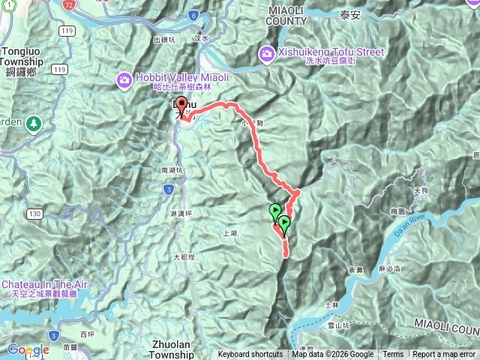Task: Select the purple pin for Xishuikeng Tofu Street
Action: (266, 53)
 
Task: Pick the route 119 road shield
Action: (68, 31)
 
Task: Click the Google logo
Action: (28, 349)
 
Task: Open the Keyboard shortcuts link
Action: (250, 355)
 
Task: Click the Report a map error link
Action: (445, 355)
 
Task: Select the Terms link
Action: (393, 355)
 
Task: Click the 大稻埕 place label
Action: (184, 256)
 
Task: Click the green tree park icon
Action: (32, 122)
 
